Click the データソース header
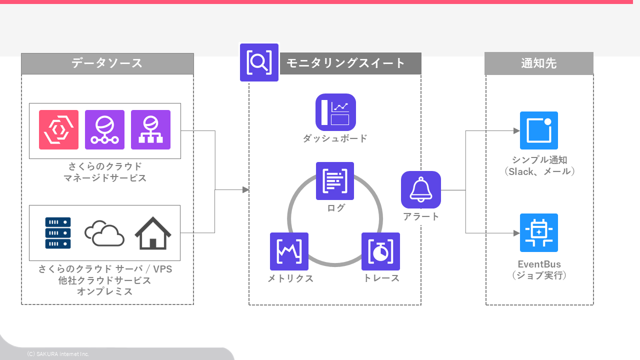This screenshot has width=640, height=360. tap(107, 63)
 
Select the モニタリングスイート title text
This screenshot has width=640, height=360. tap(345, 63)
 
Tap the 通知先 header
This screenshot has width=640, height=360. tap(539, 63)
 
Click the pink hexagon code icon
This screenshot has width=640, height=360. tap(59, 129)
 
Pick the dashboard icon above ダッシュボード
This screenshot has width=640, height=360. tap(335, 112)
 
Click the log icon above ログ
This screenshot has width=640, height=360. tap(335, 181)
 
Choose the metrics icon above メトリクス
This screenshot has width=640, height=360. tap(289, 251)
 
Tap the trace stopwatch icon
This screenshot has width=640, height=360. tap(380, 251)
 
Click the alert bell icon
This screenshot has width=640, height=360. tap(421, 190)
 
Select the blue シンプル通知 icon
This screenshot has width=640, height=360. tap(539, 130)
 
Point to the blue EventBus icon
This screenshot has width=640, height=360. tap(539, 232)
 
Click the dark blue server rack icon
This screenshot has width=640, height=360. tap(58, 232)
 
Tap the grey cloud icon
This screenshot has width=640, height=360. tap(104, 233)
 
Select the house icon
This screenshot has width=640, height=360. tap(153, 233)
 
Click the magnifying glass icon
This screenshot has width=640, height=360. tap(259, 62)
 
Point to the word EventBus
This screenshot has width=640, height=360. tap(539, 264)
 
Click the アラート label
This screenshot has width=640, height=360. tap(421, 216)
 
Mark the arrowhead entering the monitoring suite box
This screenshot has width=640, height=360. tap(245, 190)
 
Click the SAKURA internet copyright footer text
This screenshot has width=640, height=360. tap(58, 354)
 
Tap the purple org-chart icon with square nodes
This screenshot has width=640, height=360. tap(150, 129)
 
